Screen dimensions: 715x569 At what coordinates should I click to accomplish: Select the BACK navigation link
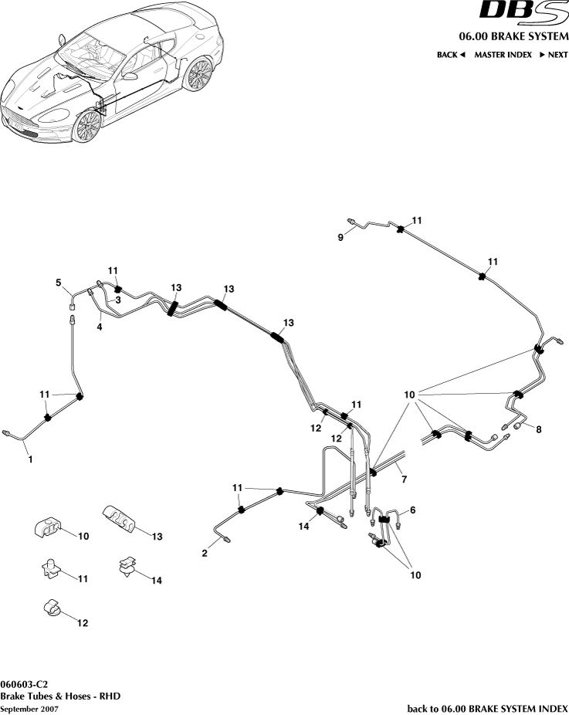pos(451,55)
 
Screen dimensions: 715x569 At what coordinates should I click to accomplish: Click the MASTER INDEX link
pos(503,55)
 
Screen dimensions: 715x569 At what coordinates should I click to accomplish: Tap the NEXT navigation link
pos(553,55)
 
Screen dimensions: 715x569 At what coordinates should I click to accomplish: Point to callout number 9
pos(340,238)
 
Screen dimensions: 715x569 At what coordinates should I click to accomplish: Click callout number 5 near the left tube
pos(58,283)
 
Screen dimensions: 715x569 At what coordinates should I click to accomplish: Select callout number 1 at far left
pos(30,459)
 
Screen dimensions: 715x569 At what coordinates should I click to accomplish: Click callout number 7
pos(403,480)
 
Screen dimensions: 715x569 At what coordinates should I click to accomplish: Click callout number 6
pos(412,510)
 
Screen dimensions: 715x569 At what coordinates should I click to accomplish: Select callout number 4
pos(99,327)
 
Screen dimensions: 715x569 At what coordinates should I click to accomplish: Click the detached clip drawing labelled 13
pos(120,517)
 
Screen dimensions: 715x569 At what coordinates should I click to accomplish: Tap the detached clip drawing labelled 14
pos(126,570)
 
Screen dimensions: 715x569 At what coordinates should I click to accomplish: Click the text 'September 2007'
pos(29,709)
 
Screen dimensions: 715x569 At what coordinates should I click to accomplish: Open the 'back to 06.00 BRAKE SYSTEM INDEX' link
pos(487,708)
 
